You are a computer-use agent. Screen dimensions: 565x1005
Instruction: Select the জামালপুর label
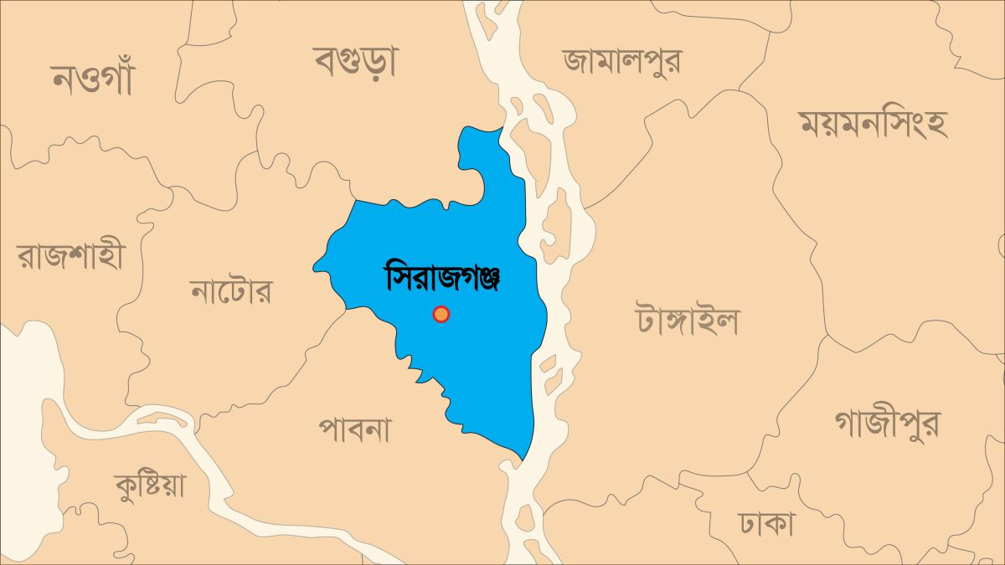[622, 60]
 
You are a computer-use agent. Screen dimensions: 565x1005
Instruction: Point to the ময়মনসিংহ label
[872, 124]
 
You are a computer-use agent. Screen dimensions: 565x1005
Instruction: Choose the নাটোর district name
[231, 292]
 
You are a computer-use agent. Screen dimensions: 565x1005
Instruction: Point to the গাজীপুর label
[886, 424]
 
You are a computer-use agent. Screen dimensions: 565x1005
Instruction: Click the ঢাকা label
[766, 525]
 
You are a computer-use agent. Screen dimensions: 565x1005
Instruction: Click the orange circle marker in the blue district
[441, 314]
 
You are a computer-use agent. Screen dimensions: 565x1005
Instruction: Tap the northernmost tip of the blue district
[502, 128]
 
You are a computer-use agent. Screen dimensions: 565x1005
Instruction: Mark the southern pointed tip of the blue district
[523, 459]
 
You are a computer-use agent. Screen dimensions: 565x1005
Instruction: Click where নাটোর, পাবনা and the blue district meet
[346, 309]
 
